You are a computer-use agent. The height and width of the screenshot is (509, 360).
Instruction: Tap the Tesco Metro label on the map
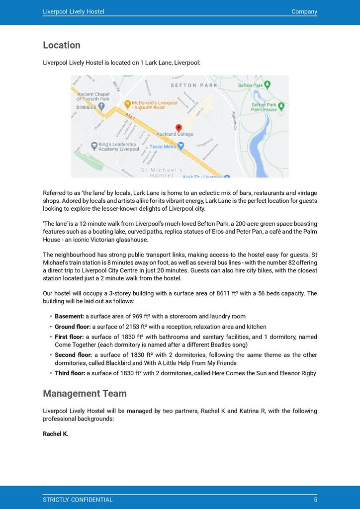pos(163,147)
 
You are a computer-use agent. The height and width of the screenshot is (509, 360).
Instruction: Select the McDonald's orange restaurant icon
pos(127,104)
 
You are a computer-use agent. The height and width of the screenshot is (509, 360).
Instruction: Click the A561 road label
pos(130,117)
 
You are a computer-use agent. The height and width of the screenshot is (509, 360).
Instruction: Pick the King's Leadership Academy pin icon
pos(94,146)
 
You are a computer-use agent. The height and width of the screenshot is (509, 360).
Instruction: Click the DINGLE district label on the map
pos(87,106)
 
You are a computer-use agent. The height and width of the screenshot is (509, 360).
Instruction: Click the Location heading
pos(62,45)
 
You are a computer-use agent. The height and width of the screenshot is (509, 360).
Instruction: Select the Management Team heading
pos(85,393)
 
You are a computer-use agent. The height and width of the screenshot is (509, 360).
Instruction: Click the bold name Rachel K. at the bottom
pos(56,433)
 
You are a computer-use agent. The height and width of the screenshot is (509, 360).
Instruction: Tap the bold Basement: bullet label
pos(69,316)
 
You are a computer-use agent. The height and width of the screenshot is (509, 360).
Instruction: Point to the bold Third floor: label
pos(70,373)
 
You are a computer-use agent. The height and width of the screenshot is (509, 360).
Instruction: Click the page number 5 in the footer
pos(315,500)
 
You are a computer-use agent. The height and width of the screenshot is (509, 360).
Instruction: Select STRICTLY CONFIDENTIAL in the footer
pos(78,500)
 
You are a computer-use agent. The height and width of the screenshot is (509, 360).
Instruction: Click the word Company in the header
pos(304,11)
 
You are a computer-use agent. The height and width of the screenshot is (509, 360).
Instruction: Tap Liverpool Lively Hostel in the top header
pos(74,11)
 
